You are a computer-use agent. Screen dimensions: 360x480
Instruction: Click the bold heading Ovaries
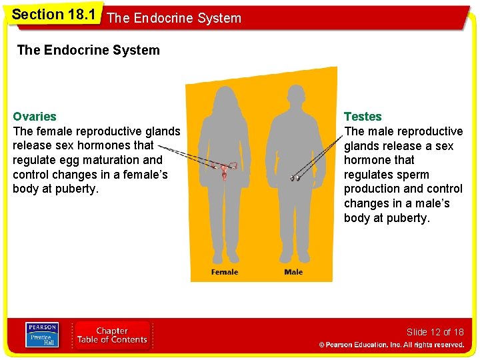pyautogui.click(x=35, y=117)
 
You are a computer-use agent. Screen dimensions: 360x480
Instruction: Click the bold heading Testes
pyautogui.click(x=363, y=117)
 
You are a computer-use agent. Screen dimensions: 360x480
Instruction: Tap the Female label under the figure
pyautogui.click(x=225, y=272)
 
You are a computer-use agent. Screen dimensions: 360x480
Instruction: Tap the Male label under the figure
pyautogui.click(x=293, y=272)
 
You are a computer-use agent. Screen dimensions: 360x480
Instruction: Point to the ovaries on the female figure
pyautogui.click(x=225, y=169)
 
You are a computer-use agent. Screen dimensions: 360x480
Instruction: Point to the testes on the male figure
pyautogui.click(x=295, y=178)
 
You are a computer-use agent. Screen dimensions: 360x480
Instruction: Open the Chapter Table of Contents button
pyautogui.click(x=112, y=335)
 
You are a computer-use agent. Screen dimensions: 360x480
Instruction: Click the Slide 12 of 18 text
pyautogui.click(x=435, y=332)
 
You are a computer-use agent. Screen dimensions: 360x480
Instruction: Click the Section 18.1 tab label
pyautogui.click(x=48, y=14)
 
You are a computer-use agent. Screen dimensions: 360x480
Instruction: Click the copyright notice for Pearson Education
pyautogui.click(x=391, y=345)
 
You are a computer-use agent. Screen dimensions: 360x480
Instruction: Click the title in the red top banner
pyautogui.click(x=173, y=18)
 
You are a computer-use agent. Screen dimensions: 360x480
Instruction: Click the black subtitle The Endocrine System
pyautogui.click(x=88, y=50)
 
